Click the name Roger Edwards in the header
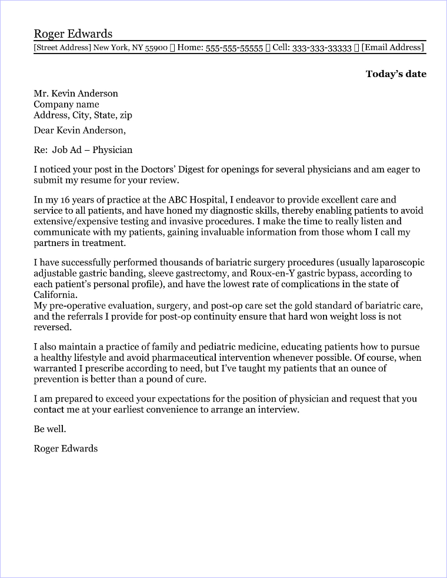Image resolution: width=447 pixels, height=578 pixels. coord(73,34)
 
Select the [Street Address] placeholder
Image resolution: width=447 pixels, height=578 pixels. coord(62,48)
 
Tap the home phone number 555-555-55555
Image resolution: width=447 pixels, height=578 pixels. coord(234,48)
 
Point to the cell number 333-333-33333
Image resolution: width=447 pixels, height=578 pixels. coord(322,48)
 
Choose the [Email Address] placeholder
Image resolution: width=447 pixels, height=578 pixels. coord(392,48)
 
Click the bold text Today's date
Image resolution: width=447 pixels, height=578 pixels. coord(396,74)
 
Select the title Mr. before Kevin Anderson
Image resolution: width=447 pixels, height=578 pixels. coord(41,94)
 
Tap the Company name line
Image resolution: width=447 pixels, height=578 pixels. coord(66,105)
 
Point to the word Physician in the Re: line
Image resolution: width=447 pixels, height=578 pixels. coord(112,150)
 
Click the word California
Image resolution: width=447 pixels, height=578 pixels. coord(55,295)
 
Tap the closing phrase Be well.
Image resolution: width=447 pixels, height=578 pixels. coord(50,429)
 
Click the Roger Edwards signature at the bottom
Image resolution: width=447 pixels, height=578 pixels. coord(66,449)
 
